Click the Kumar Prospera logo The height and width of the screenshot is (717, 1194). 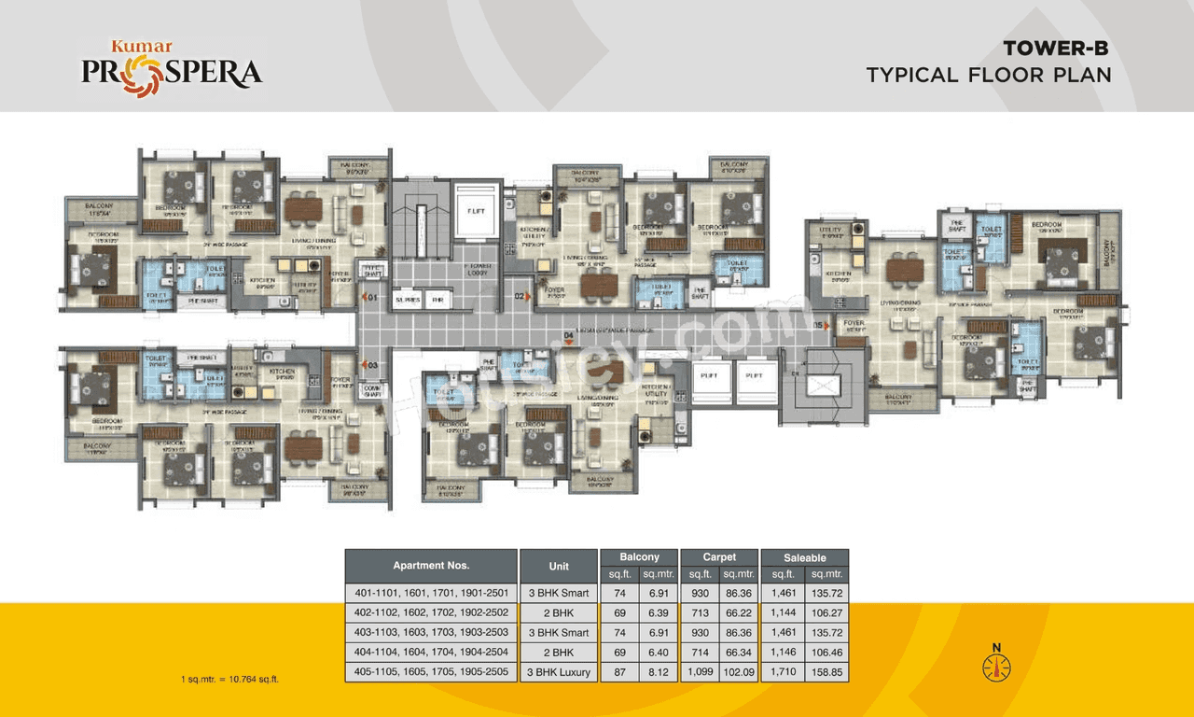171,67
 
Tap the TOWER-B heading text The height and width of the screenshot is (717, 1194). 1055,49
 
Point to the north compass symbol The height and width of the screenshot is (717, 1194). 996,664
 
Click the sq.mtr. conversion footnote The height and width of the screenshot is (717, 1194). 229,679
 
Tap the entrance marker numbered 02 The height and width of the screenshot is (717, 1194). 521,296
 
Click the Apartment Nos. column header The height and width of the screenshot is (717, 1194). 431,566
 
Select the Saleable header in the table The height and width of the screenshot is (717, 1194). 804,557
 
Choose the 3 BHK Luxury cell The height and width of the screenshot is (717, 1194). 559,672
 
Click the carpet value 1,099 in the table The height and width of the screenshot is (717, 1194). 699,672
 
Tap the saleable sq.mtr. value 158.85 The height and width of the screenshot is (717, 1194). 826,672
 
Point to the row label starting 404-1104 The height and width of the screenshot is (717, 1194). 431,653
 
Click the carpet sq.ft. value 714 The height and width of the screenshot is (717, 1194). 699,653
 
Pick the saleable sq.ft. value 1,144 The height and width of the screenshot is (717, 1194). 782,613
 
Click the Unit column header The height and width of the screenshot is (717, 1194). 559,566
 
